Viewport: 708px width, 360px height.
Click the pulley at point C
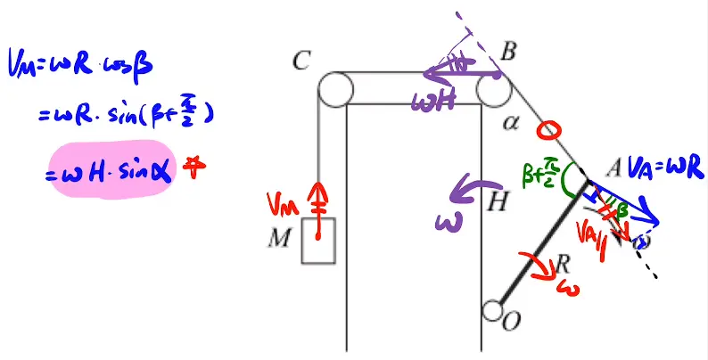point(331,89)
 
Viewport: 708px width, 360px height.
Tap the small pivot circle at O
point(491,311)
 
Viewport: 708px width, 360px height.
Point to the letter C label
point(301,61)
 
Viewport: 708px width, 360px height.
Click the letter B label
point(508,53)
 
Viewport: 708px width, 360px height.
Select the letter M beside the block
point(285,239)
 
